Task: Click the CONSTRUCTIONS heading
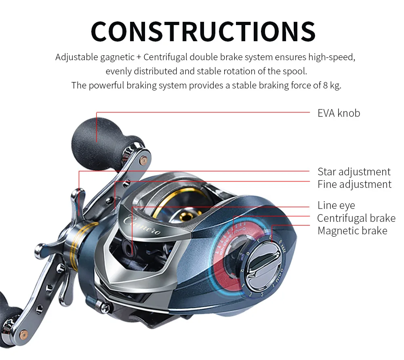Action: click(x=203, y=31)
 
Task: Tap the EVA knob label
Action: click(x=338, y=113)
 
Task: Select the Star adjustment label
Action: click(x=353, y=172)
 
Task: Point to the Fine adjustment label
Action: click(x=354, y=185)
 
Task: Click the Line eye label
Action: click(x=336, y=205)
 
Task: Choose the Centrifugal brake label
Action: click(x=356, y=218)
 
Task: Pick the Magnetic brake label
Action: click(x=352, y=231)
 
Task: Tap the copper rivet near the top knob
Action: click(x=142, y=160)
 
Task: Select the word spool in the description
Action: click(x=297, y=72)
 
